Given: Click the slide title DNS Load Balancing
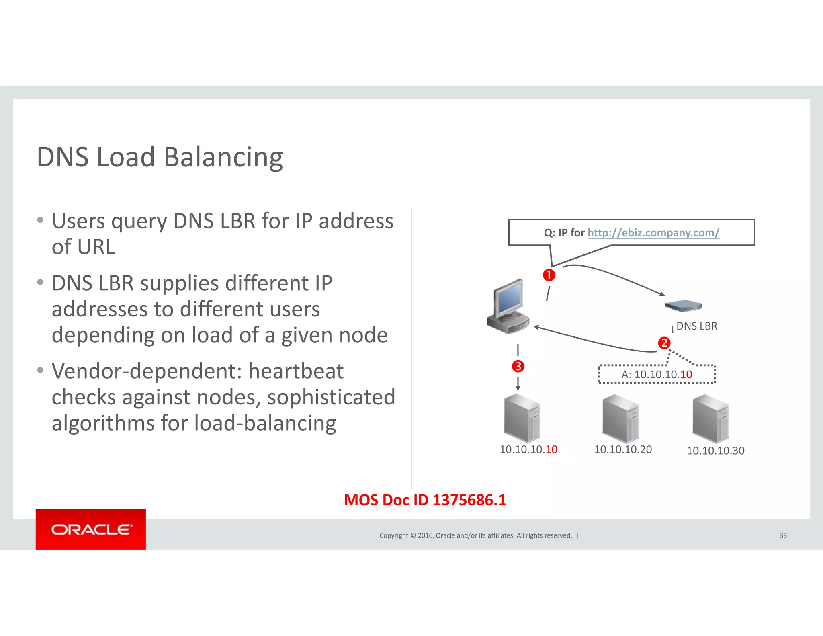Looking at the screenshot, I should click(x=160, y=157).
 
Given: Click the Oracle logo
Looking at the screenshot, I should click(x=91, y=529).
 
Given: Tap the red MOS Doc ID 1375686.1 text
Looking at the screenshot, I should click(x=425, y=500).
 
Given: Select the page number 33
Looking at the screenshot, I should click(x=783, y=535).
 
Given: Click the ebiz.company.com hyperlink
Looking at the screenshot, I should click(x=653, y=233).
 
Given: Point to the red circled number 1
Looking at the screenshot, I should click(x=549, y=275).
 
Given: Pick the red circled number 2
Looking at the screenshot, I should click(x=664, y=343).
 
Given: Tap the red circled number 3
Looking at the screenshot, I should click(x=518, y=366).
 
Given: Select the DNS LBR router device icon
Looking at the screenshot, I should click(x=683, y=306).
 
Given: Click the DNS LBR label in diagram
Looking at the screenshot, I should click(x=697, y=326).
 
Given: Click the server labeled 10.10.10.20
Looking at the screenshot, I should click(x=620, y=419).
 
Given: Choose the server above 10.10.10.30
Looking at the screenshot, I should click(x=710, y=419).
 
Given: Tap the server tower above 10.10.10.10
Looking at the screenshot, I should click(x=522, y=419).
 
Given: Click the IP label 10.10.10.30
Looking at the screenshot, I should click(x=715, y=451).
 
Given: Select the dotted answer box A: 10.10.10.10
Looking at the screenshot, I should click(x=657, y=375).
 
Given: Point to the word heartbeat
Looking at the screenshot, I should click(x=296, y=371).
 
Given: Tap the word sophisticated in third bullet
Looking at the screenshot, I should click(x=331, y=397).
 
